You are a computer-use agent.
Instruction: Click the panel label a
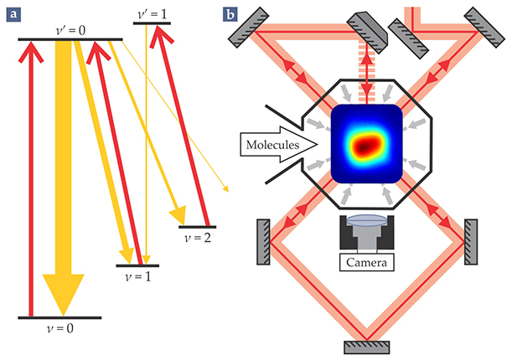pos(12,13)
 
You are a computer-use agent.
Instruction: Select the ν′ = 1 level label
pos(152,13)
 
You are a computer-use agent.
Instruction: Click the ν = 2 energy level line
pos(198,226)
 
